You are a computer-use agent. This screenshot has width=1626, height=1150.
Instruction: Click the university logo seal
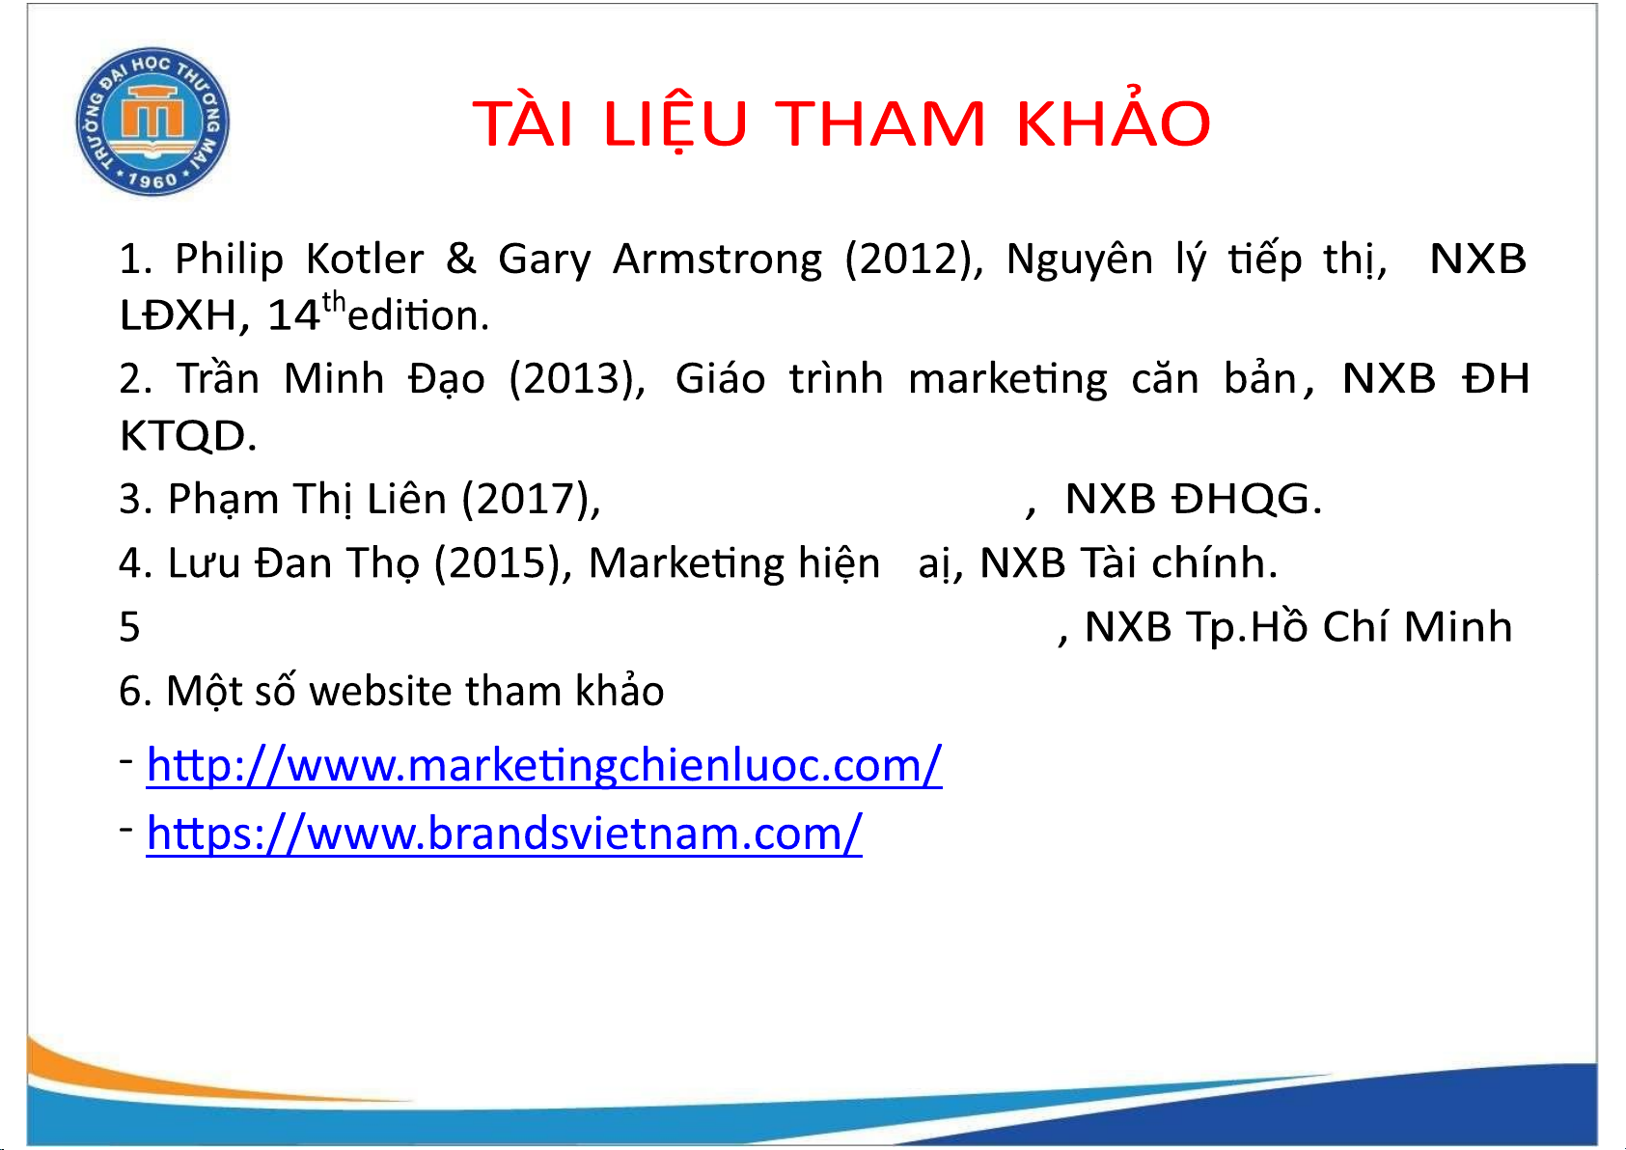pyautogui.click(x=152, y=122)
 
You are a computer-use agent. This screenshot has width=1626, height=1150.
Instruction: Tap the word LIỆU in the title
pyautogui.click(x=675, y=123)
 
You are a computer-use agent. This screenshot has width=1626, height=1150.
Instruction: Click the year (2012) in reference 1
pyautogui.click(x=914, y=260)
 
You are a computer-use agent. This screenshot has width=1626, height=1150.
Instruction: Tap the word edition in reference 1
pyautogui.click(x=418, y=315)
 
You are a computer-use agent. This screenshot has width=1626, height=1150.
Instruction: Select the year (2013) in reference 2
pyautogui.click(x=577, y=379)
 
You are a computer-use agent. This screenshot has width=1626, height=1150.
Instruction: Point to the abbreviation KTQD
pyautogui.click(x=188, y=436)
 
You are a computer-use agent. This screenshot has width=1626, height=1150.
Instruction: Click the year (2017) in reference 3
pyautogui.click(x=532, y=500)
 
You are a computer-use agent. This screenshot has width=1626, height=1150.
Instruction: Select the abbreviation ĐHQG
pyautogui.click(x=1247, y=499)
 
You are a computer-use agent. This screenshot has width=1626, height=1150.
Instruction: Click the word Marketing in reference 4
pyautogui.click(x=687, y=563)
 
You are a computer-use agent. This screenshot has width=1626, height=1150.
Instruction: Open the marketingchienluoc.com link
pyautogui.click(x=544, y=766)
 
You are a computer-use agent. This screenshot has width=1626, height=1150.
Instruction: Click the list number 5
pyautogui.click(x=130, y=627)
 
